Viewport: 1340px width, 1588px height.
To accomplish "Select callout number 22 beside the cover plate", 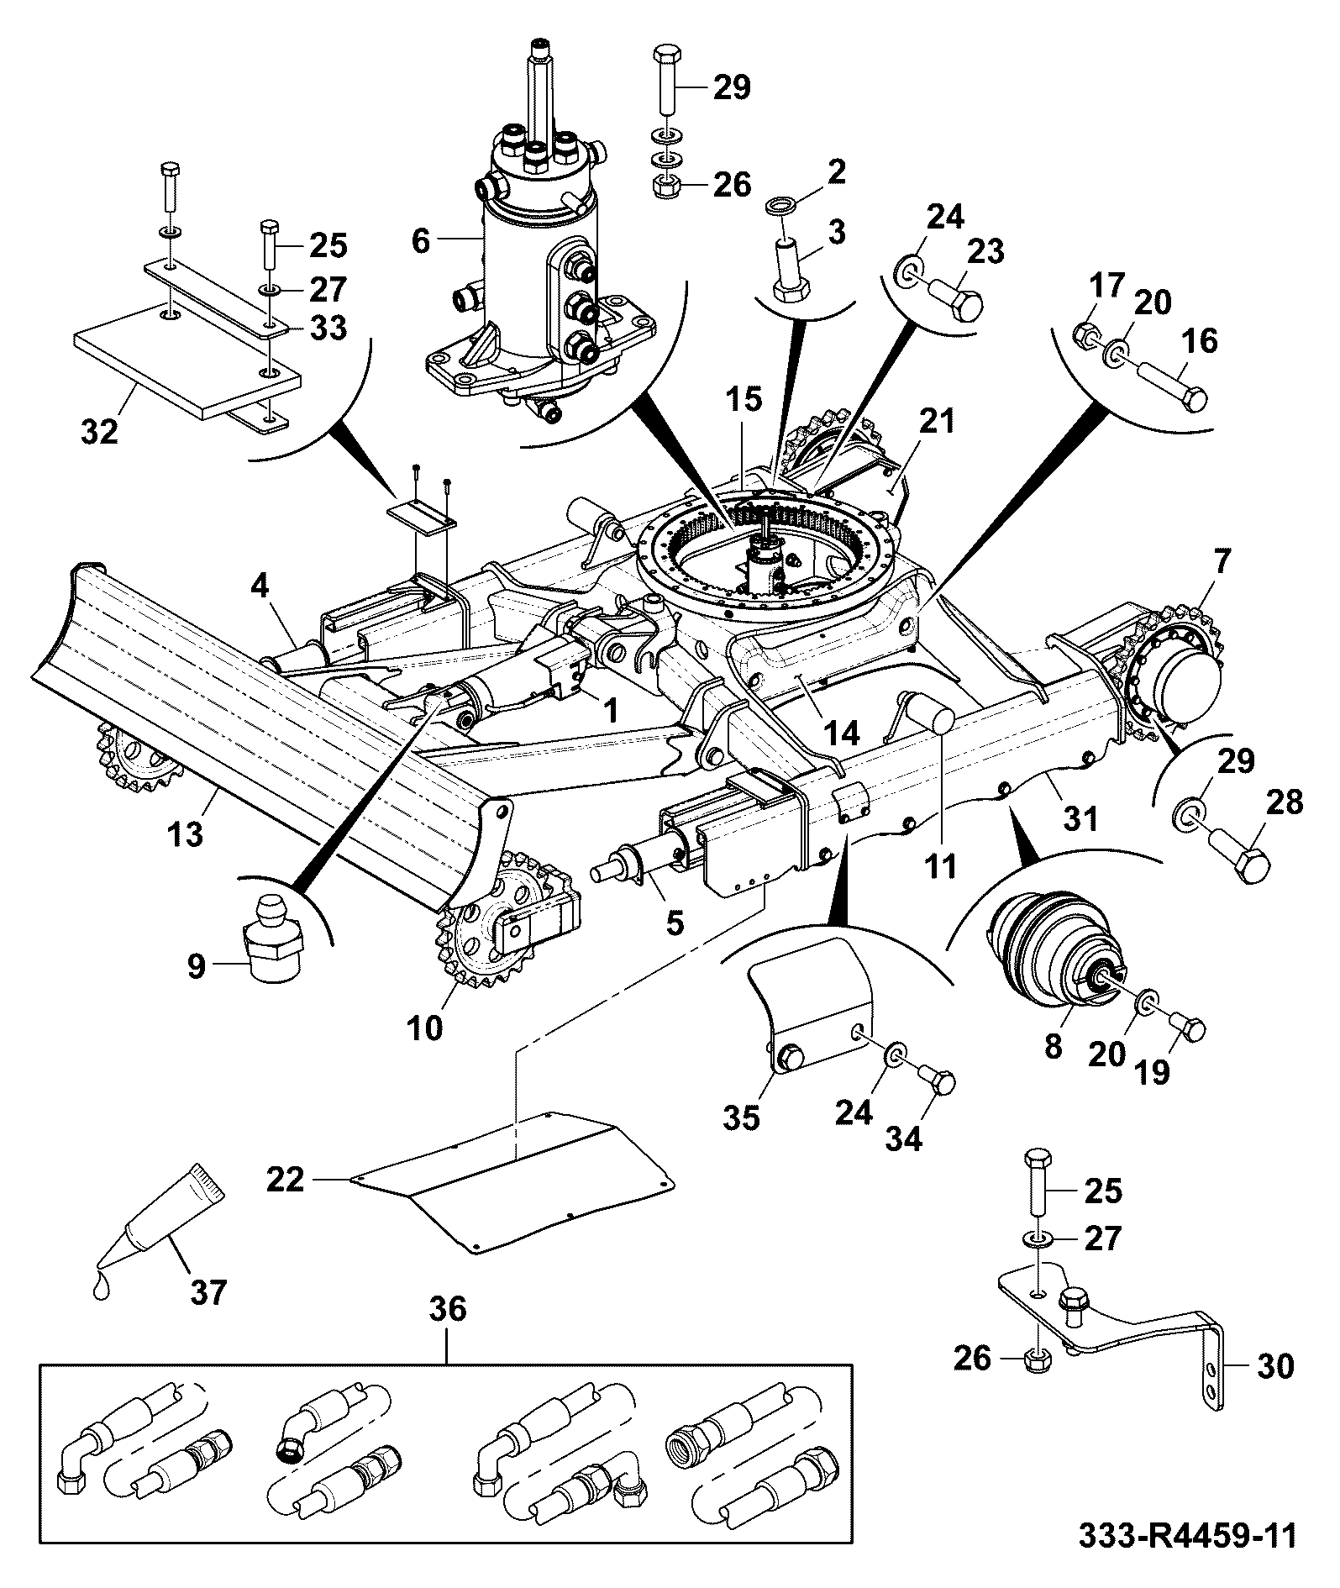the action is [x=286, y=1180].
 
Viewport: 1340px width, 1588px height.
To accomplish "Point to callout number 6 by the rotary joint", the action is [x=422, y=242].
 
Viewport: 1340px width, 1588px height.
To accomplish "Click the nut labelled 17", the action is [x=1085, y=336].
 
